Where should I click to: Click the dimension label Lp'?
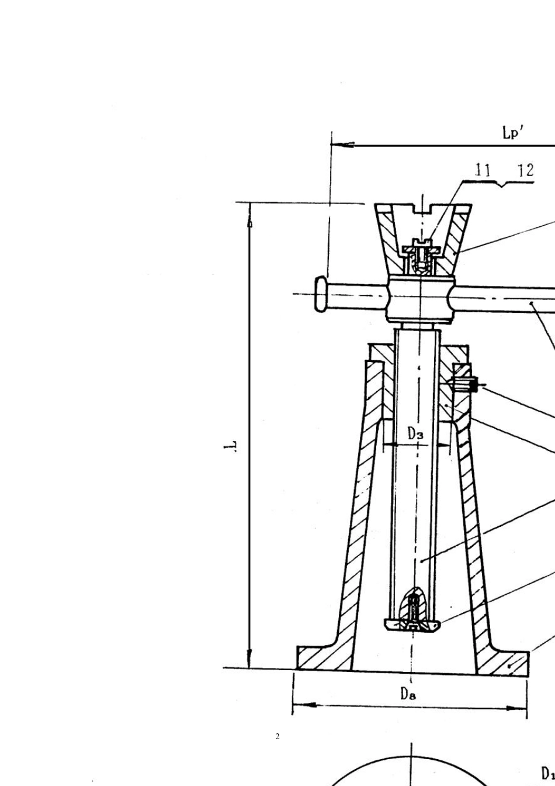(513, 133)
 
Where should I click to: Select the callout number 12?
(526, 170)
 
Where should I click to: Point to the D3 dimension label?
(415, 434)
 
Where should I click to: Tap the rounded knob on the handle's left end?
(321, 294)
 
